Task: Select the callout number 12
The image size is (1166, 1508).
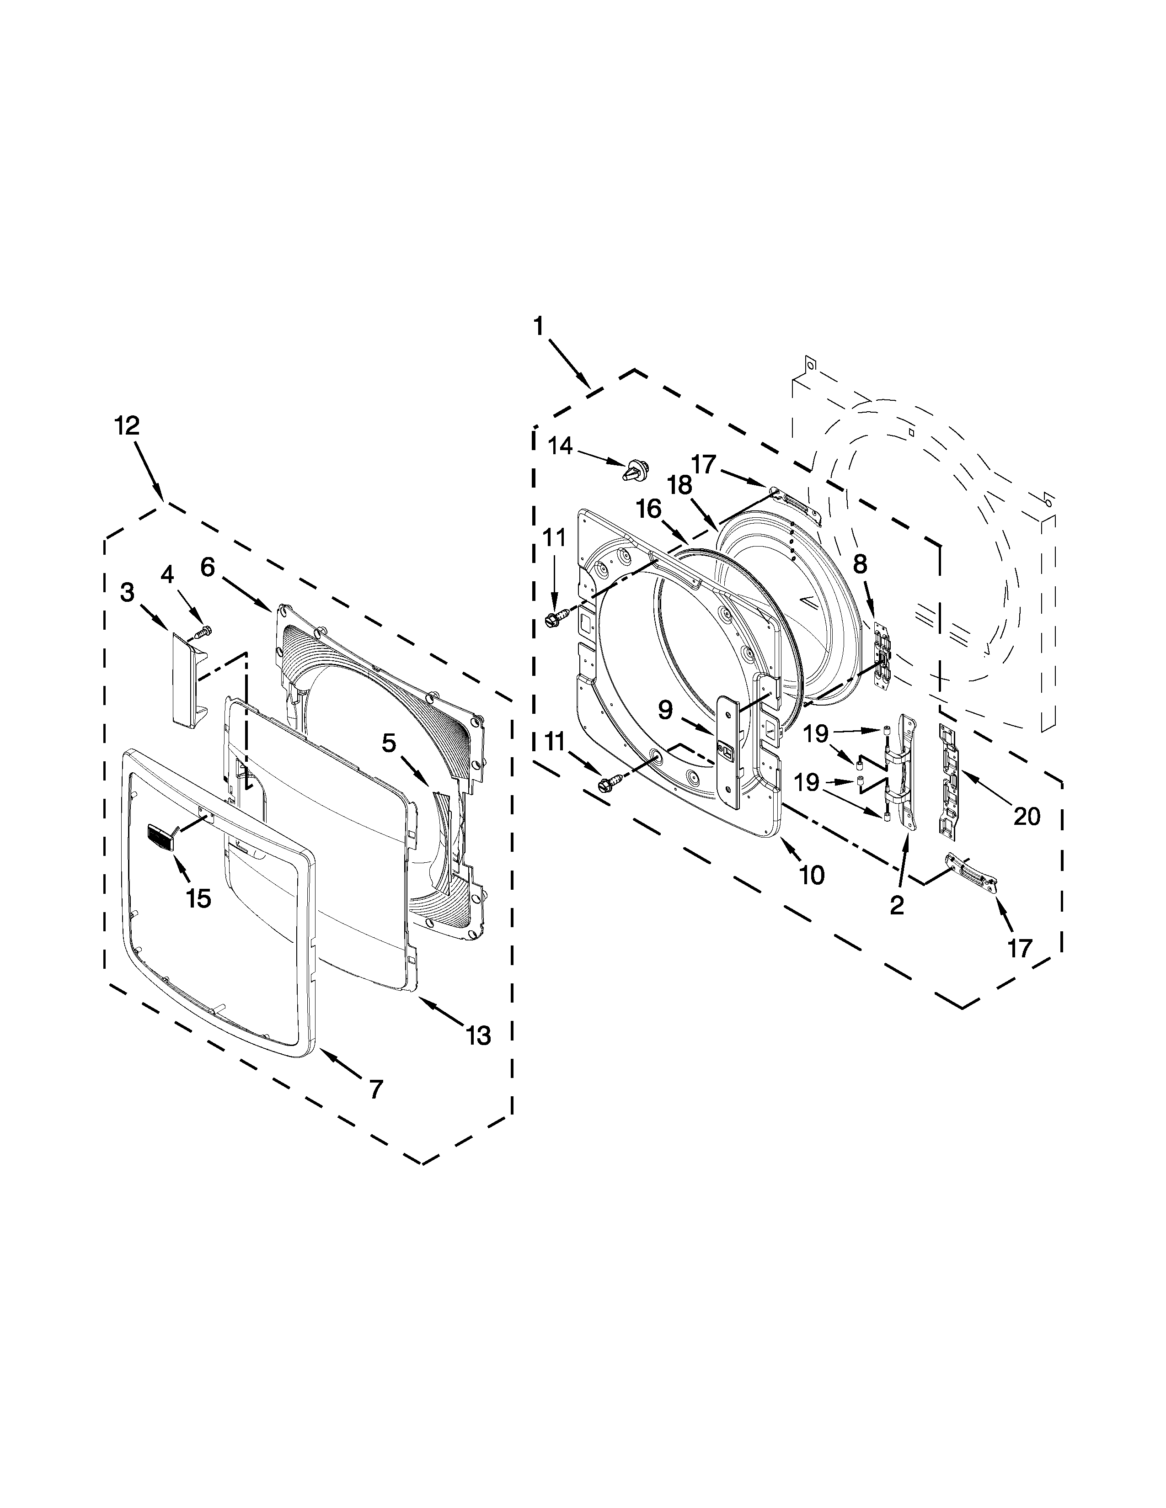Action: point(127,425)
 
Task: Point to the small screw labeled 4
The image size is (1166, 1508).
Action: point(204,630)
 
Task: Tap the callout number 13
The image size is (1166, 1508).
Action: point(478,1035)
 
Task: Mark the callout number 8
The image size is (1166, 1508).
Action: point(860,564)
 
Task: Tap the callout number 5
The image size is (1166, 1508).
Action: point(389,743)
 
